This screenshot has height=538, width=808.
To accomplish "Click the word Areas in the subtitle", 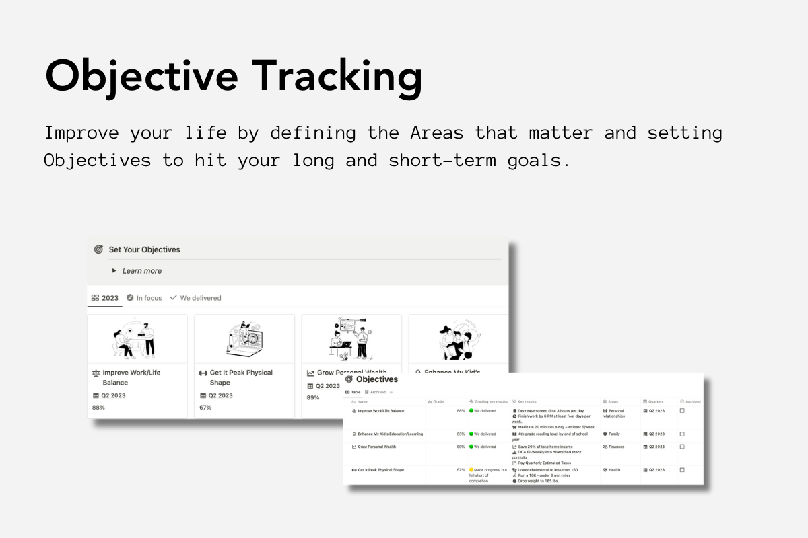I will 436,132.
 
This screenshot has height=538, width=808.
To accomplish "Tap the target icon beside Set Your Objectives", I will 98,249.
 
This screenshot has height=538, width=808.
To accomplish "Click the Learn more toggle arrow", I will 114,271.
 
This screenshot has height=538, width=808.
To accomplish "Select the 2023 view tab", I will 105,298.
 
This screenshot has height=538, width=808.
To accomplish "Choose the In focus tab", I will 144,298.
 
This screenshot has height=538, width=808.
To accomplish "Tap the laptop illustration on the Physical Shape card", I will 244,340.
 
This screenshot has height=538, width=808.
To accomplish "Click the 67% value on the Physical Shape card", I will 206,408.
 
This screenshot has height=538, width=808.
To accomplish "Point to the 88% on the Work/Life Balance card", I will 98,408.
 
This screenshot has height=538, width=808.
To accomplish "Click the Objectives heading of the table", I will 376,379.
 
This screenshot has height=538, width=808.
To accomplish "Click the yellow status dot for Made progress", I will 471,470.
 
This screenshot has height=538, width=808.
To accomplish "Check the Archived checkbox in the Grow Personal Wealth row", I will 681,447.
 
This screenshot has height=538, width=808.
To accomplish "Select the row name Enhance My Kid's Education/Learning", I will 390,434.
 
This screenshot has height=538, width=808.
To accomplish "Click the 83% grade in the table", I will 461,434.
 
